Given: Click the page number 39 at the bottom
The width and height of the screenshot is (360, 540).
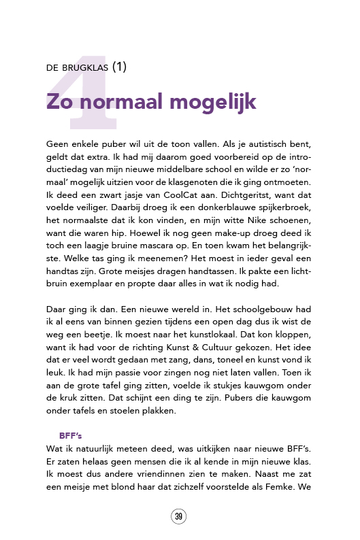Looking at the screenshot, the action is pyautogui.click(x=179, y=517).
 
